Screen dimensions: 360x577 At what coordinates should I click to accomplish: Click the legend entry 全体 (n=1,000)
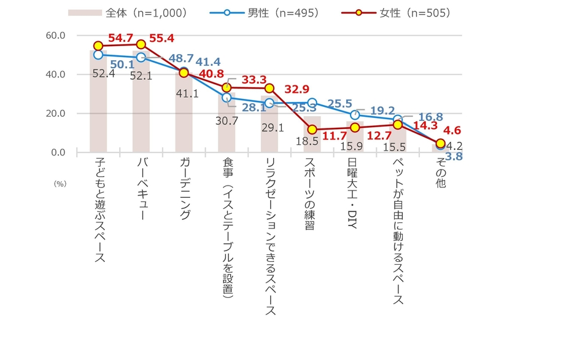click(x=128, y=12)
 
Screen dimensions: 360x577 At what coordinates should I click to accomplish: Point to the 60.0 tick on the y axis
click(x=55, y=36)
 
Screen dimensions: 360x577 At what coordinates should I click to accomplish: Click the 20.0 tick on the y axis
click(x=55, y=114)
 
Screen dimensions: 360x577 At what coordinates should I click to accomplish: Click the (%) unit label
click(x=59, y=183)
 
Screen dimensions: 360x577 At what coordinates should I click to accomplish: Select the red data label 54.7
click(x=121, y=39)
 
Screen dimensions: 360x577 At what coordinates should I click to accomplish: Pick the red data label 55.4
click(x=162, y=38)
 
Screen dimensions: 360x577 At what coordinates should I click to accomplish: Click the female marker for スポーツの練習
click(x=312, y=130)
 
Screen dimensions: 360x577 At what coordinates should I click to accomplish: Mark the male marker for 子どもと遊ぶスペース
click(x=98, y=55)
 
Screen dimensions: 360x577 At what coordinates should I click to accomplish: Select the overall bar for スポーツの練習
click(x=312, y=135)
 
